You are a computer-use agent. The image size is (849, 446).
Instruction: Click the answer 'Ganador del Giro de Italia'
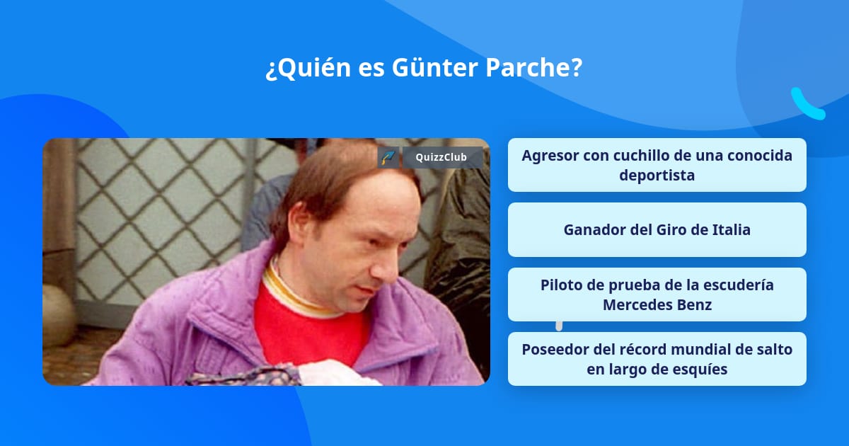pos(657,230)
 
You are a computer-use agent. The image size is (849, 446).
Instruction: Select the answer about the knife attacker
pos(657,165)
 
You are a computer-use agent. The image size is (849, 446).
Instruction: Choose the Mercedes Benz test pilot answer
pos(657,295)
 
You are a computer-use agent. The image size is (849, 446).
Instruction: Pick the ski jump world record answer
pos(657,359)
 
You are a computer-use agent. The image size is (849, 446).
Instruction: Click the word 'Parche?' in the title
pos(533,67)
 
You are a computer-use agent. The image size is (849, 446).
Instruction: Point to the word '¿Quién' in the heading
pos(308,68)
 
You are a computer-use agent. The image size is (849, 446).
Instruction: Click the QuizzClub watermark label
pos(442,157)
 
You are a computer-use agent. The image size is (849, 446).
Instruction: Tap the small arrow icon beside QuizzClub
pos(388,157)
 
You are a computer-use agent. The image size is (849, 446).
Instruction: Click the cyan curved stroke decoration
pos(807,104)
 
